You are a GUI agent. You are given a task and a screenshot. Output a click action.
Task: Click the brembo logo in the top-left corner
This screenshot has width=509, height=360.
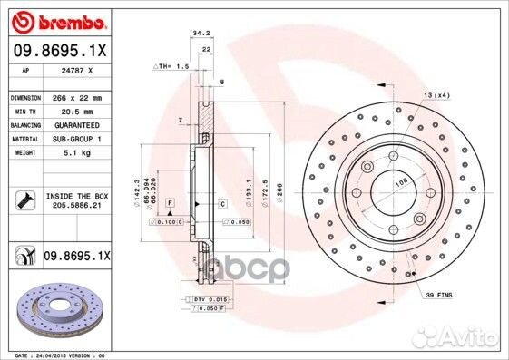(x=56, y=19)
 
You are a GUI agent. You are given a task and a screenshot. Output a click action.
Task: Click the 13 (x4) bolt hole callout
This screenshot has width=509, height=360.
(x=436, y=95)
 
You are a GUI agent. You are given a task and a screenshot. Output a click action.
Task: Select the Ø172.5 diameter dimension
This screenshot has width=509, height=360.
(x=263, y=195)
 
